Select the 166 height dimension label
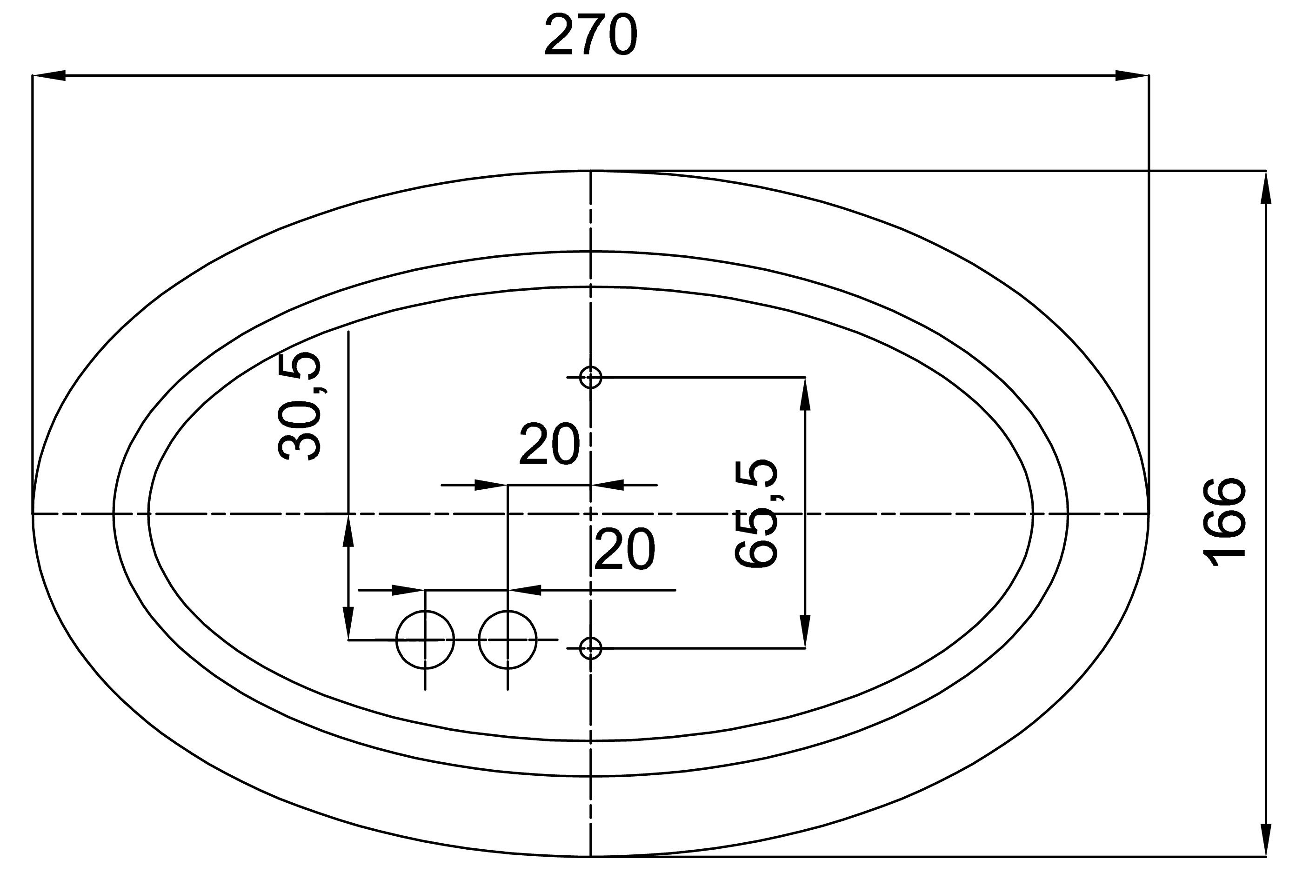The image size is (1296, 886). (x=1225, y=522)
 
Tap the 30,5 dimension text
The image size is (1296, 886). (x=300, y=406)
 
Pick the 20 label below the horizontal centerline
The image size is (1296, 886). (x=625, y=550)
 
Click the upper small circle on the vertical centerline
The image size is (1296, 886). (x=591, y=378)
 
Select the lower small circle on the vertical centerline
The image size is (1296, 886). (x=591, y=648)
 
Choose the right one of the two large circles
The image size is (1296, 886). (x=508, y=640)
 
